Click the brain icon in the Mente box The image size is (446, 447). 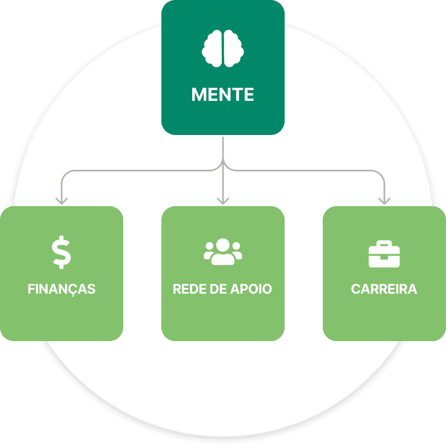[x=223, y=48]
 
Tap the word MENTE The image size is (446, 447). [x=223, y=95]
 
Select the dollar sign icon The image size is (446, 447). [x=62, y=253]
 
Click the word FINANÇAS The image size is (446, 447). [x=62, y=290]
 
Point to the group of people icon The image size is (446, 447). [x=223, y=252]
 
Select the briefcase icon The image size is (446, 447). [x=384, y=254]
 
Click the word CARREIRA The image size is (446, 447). [x=384, y=290]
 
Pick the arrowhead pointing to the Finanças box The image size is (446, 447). [x=62, y=199]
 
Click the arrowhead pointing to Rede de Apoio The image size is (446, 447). [x=223, y=199]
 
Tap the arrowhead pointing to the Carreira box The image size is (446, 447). [x=384, y=199]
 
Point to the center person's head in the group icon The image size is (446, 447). [x=223, y=245]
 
